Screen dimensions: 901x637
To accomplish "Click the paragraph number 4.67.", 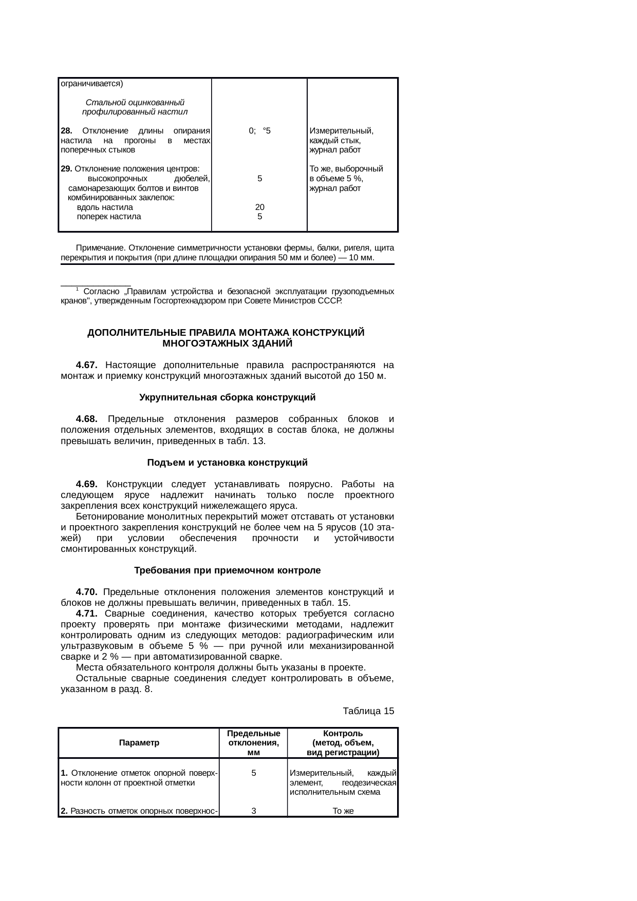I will coord(86,365).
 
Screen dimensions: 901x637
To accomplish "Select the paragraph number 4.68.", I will coord(86,419).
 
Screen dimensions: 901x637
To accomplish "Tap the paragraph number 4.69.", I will coord(86,484).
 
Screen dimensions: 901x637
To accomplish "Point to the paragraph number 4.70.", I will coord(86,592).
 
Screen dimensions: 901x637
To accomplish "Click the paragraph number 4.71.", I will coord(86,614).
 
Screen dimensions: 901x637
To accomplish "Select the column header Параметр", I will coord(139,743).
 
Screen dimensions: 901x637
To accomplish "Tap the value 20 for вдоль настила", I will coord(260,207).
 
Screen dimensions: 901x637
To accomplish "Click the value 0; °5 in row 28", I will coord(259,131).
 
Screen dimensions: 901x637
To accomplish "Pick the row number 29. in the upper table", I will coord(66,169).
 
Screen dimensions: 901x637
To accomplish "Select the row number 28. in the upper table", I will coord(66,131).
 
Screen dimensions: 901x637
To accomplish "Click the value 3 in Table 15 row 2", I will coord(254,811).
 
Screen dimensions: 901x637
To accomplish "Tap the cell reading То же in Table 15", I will coord(343,811).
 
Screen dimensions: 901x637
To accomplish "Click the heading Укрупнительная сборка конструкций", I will coord(227,397).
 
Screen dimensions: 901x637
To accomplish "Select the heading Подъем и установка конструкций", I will coord(227,463).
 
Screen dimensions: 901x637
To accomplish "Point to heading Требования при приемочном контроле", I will coord(227,570).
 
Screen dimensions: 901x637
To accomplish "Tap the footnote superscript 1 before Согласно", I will coord(77,289).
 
